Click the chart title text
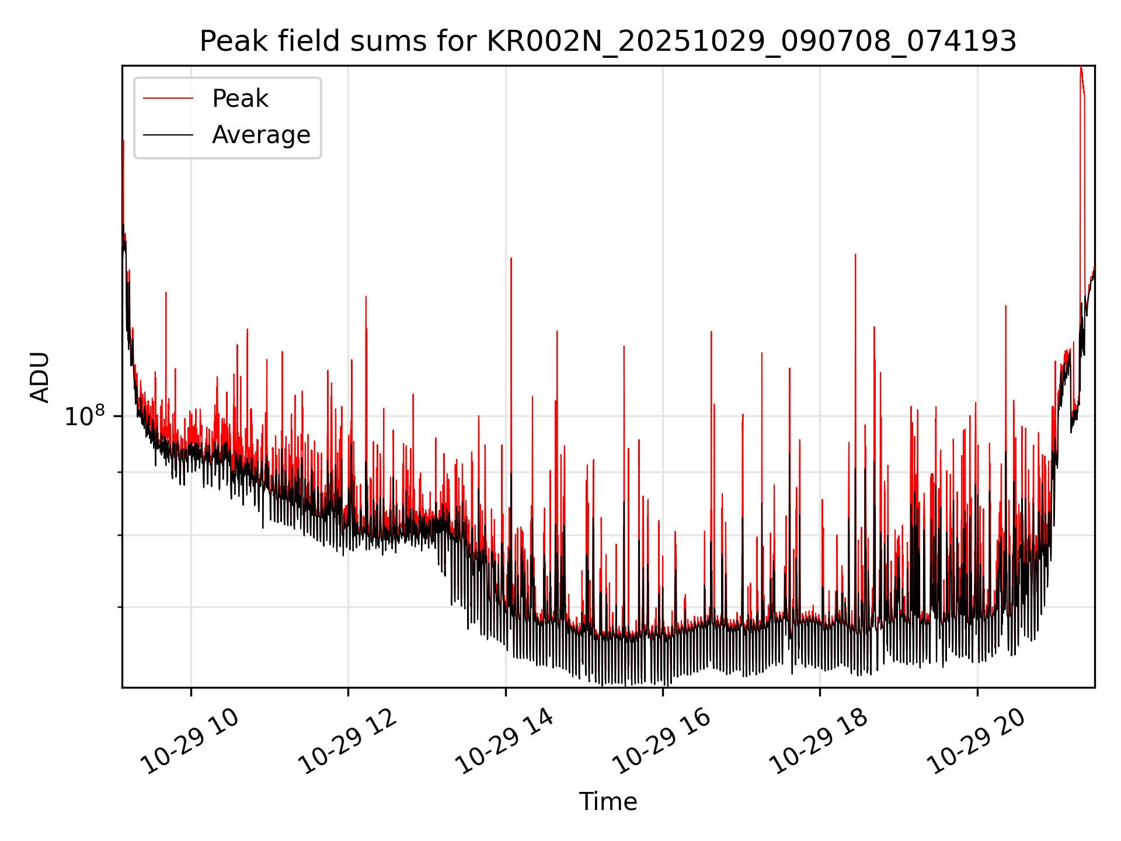click(608, 42)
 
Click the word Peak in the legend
click(240, 99)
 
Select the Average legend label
click(261, 135)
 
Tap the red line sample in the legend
click(168, 99)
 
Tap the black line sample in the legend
click(168, 135)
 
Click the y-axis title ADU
click(40, 377)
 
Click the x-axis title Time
click(608, 802)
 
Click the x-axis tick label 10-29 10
click(191, 742)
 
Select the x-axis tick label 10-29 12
click(349, 742)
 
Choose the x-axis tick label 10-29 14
click(505, 742)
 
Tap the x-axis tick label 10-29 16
click(663, 742)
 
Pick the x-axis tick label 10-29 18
click(819, 742)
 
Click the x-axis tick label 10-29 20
click(977, 742)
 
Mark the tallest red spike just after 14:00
click(511, 259)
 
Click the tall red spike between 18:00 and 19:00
click(855, 255)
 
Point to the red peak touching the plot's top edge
click(1081, 68)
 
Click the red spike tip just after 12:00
click(365, 297)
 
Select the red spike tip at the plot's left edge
click(123, 141)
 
